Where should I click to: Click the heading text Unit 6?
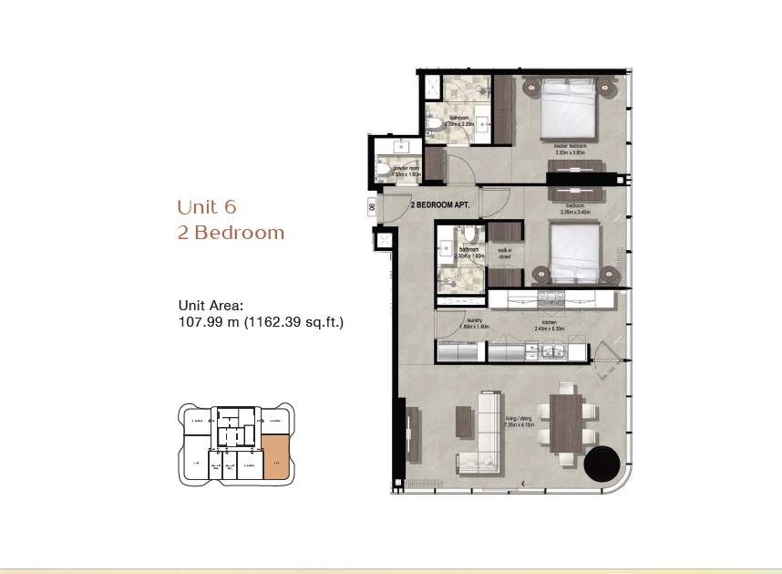click(207, 206)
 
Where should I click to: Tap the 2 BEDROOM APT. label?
click(439, 206)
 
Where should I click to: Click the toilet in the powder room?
click(385, 171)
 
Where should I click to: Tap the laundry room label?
click(473, 320)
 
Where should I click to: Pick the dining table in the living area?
click(566, 423)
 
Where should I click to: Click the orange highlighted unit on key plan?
click(276, 457)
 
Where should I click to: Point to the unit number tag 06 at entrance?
click(374, 207)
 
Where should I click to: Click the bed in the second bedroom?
click(574, 251)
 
